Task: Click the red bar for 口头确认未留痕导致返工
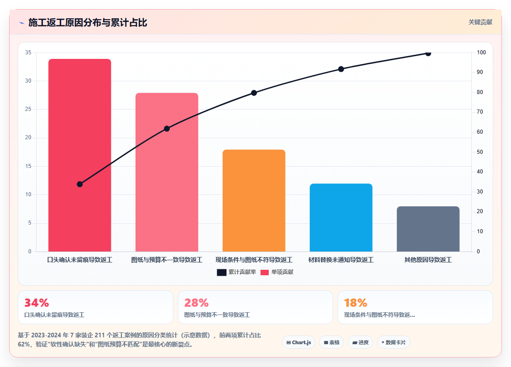79,155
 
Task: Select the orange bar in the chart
254,200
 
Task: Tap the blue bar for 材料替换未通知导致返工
341,217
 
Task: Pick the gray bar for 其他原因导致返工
428,229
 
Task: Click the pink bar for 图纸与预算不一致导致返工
167,172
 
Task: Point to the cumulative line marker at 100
428,53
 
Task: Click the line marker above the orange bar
254,93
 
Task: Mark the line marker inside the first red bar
79,184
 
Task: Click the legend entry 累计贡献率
237,272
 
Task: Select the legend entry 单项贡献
277,272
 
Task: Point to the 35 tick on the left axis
28,52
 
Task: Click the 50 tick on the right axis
480,152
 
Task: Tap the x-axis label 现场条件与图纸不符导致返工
254,260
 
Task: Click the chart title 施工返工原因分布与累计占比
88,22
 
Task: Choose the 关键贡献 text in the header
480,22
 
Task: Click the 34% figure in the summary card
36,303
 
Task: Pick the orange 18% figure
355,303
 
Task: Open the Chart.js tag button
298,342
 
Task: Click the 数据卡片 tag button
394,342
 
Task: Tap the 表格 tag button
331,342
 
